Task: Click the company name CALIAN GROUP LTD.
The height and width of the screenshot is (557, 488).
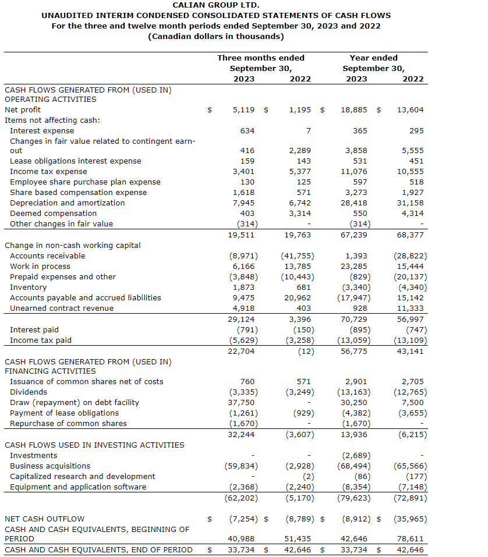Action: coord(216,5)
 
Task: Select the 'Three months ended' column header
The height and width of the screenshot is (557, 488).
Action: coord(261,58)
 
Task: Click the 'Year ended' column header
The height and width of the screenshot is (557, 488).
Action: coord(373,58)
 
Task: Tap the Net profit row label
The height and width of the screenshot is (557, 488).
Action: coord(23,109)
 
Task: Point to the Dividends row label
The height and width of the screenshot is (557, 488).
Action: coord(29,392)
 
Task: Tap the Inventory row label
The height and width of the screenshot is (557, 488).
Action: coord(28,288)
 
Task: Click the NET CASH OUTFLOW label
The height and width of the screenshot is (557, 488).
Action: coord(44,519)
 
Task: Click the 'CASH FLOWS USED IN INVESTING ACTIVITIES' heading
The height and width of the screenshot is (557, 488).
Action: coord(94,445)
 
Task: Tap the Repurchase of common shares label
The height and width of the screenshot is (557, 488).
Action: coord(68,424)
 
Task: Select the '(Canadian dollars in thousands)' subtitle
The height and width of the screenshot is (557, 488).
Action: coord(216,36)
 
